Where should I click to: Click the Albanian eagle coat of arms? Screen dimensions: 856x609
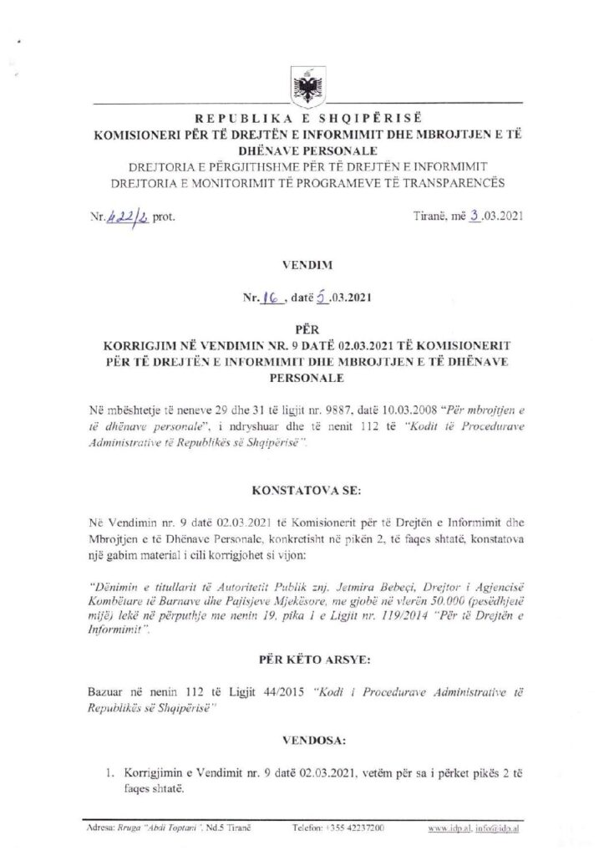coord(303,84)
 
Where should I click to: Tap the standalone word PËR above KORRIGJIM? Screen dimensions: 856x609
coord(304,329)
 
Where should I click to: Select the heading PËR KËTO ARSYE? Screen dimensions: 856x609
coord(304,660)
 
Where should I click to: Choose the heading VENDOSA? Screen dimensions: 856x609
coord(304,740)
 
